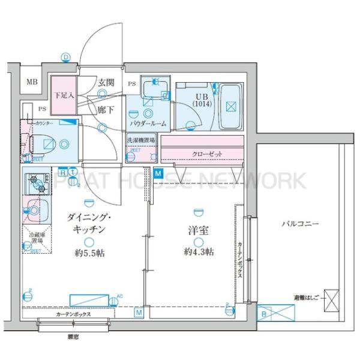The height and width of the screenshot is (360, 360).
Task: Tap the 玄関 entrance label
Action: (x=107, y=83)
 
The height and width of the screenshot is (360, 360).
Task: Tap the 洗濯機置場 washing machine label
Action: (x=140, y=140)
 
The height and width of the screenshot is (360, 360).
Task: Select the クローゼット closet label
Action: (x=207, y=154)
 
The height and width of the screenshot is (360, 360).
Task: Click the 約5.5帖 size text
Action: (x=89, y=254)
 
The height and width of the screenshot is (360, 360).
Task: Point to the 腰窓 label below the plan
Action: (x=73, y=337)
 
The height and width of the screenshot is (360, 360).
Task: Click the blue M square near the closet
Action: (x=158, y=174)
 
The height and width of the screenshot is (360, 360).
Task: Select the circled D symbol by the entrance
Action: (x=65, y=58)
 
